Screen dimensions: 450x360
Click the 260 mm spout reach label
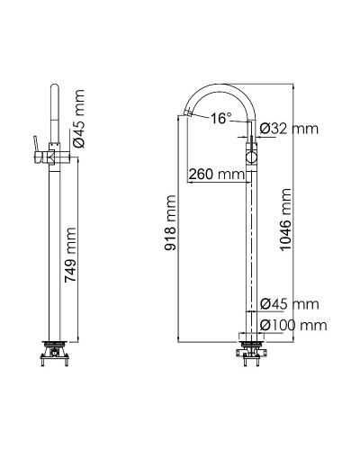[x=217, y=173]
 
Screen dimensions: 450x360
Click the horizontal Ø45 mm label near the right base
[x=289, y=305]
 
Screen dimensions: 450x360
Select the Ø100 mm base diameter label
[x=292, y=324]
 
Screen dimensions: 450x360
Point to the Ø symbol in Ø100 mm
[x=264, y=324]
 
